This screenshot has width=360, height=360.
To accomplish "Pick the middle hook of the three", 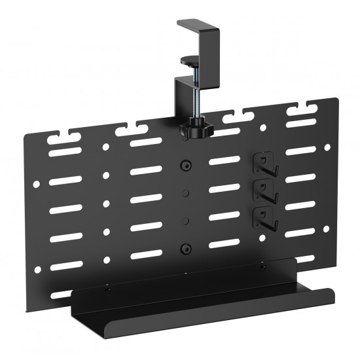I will click(x=263, y=191).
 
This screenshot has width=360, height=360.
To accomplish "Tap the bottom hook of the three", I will click(x=263, y=216).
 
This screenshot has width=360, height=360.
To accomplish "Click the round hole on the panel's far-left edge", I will click(x=36, y=185).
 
